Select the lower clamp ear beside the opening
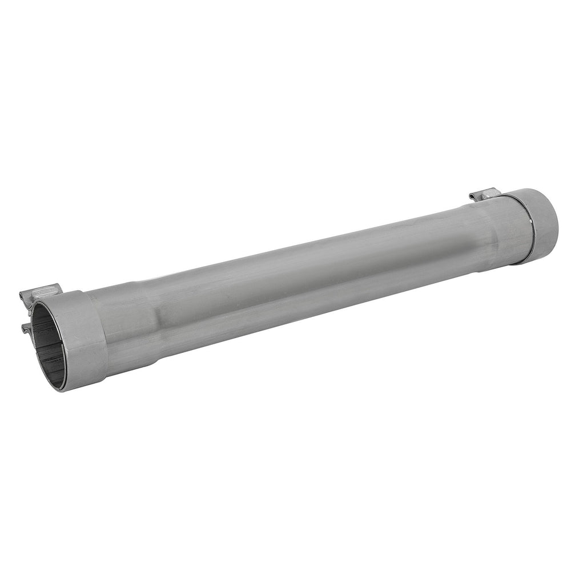(25, 327)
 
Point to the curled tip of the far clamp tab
(472, 197)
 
